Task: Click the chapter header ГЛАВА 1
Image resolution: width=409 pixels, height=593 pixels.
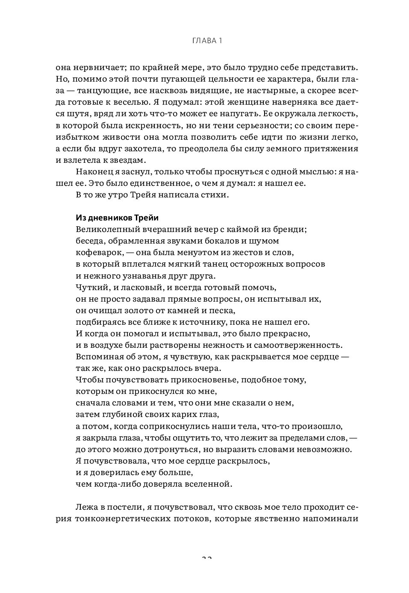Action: coord(207,41)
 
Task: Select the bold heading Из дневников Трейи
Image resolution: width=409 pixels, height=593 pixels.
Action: coord(117,218)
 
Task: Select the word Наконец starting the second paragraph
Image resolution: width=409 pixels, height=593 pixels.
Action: coord(94,172)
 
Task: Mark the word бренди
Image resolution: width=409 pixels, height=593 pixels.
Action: coord(291,229)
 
